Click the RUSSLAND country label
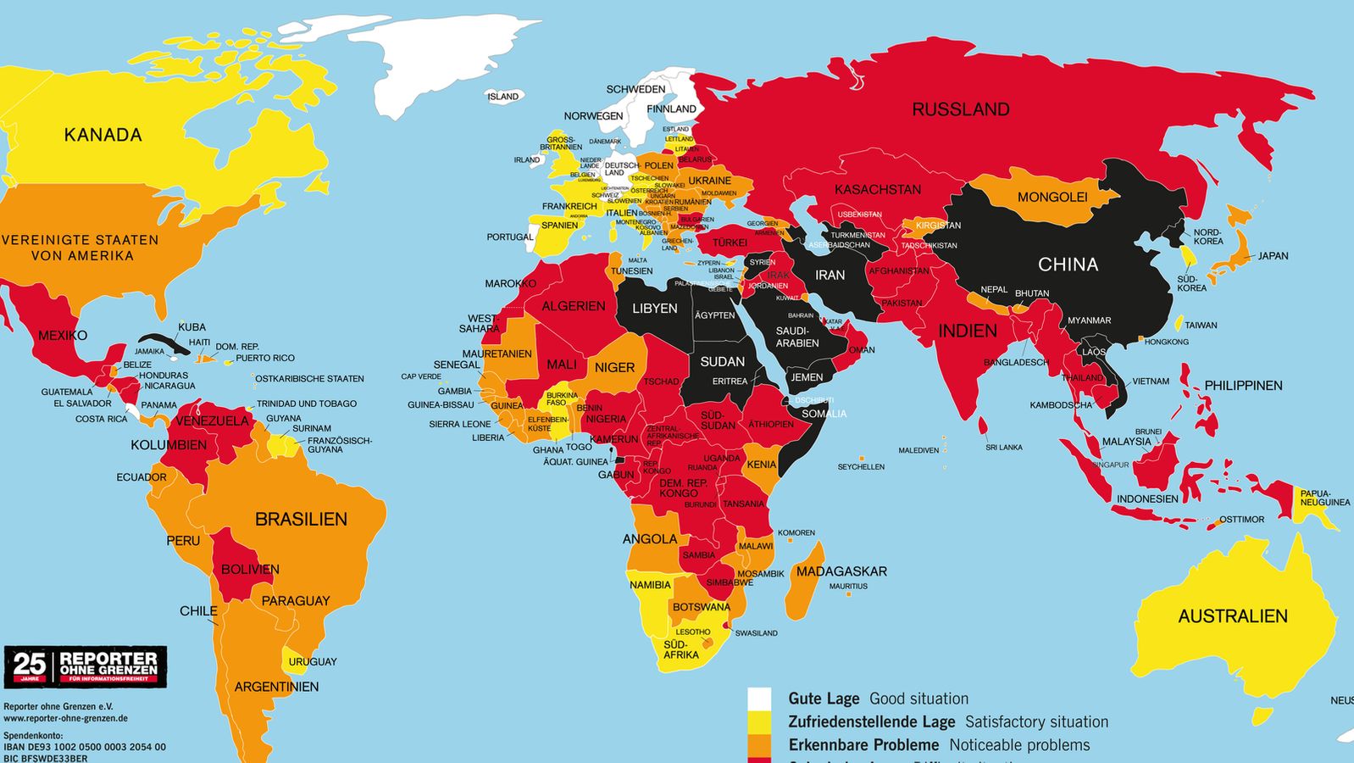[960, 109]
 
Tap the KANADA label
[103, 135]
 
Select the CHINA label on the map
[1068, 265]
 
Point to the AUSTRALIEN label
[1232, 616]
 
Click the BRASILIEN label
[301, 519]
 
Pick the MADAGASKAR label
[841, 571]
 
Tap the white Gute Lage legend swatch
[759, 699]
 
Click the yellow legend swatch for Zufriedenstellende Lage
[759, 721]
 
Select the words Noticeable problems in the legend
[1019, 745]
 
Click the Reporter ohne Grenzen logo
[86, 667]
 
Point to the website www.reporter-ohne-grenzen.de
[65, 718]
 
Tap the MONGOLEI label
[1052, 198]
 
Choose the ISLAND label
[502, 97]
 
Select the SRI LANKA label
[1003, 448]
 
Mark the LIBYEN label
[654, 309]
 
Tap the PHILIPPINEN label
[1243, 386]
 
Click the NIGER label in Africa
[614, 367]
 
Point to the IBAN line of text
[85, 747]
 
